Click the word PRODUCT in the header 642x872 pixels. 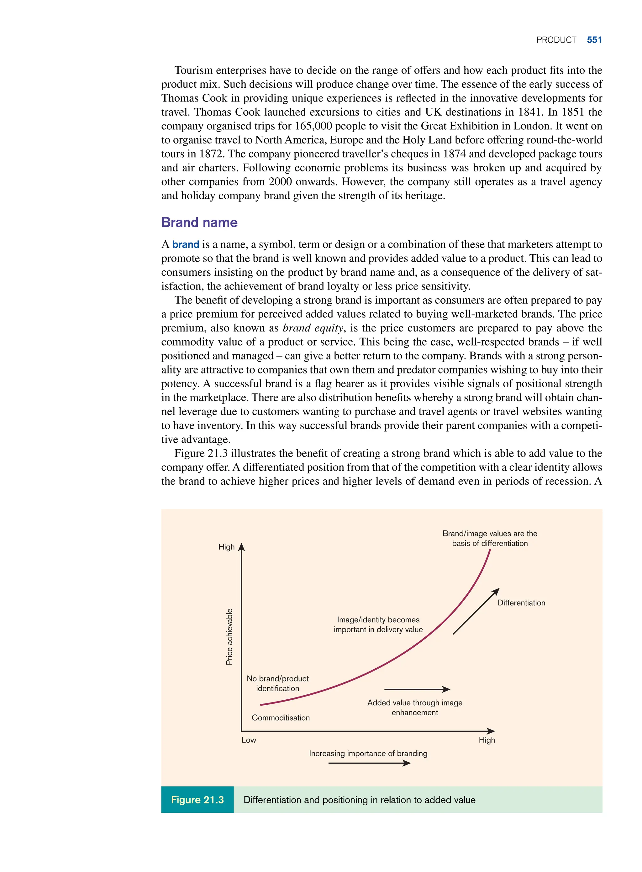[556, 40]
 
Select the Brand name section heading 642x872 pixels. [199, 222]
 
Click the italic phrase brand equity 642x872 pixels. [313, 328]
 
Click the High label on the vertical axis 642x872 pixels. [226, 547]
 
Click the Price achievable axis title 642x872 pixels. [229, 637]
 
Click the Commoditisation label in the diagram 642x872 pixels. [281, 718]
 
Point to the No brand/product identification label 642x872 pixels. [277, 683]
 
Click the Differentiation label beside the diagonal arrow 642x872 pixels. [521, 603]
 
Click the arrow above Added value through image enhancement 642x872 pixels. [417, 689]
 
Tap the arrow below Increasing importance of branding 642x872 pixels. [369, 763]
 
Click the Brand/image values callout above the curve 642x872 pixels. [490, 538]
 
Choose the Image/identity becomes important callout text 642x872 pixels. [378, 624]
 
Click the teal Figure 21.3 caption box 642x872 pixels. [197, 800]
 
